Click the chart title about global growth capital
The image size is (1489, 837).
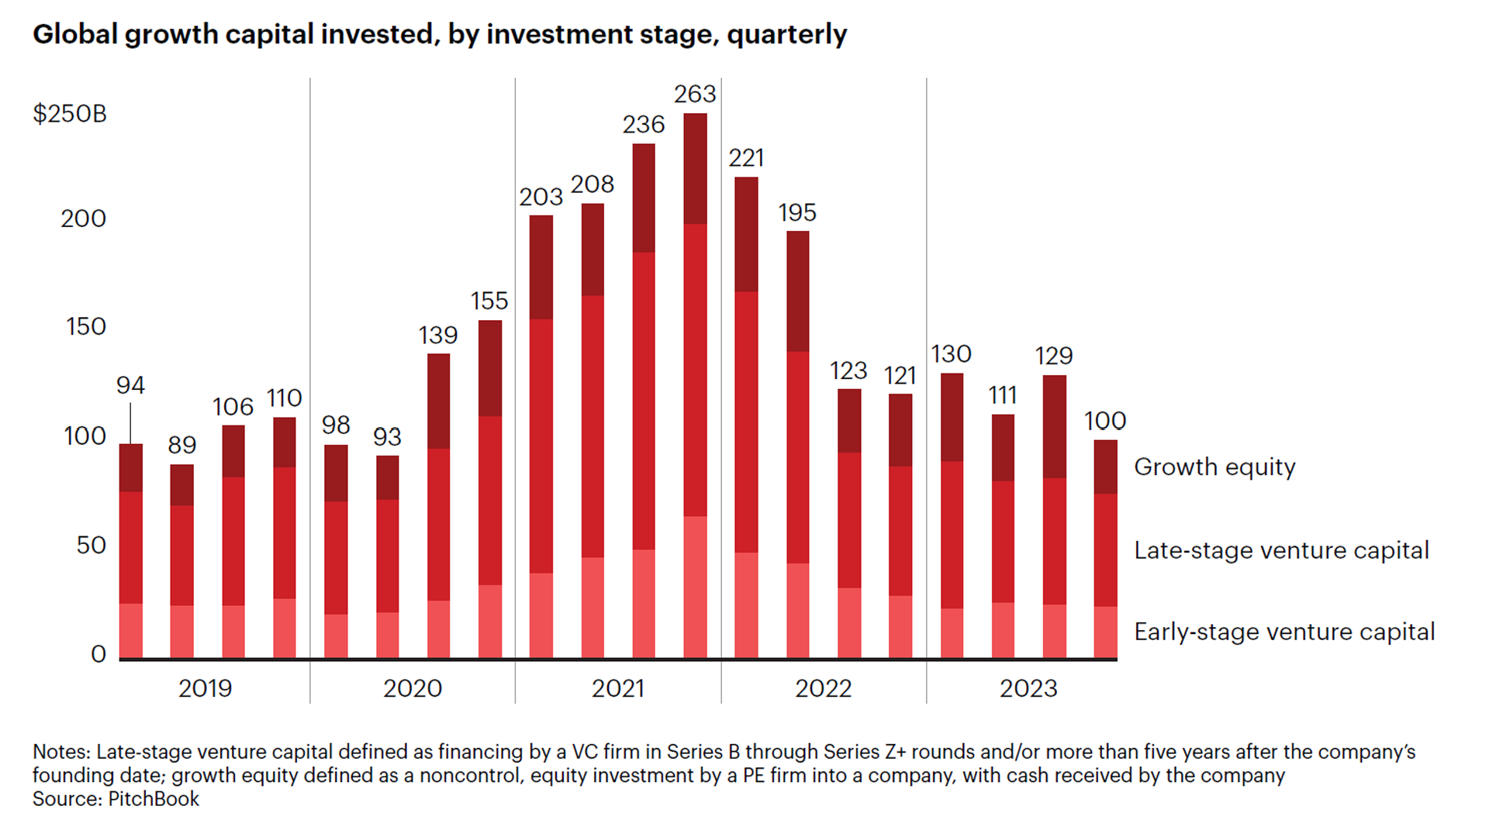[440, 34]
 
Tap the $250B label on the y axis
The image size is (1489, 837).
[70, 114]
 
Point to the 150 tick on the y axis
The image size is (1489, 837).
[85, 326]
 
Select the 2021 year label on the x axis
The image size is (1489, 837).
[617, 688]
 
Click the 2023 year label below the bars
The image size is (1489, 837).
[1028, 688]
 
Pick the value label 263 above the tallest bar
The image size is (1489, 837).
[694, 94]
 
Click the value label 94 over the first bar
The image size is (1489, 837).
[130, 385]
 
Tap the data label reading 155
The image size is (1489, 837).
[489, 301]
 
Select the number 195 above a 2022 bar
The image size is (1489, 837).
[797, 212]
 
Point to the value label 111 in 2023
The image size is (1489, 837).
[1002, 395]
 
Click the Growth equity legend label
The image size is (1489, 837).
[1214, 467]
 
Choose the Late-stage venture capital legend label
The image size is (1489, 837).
[1281, 550]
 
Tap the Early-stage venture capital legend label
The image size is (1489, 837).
[1284, 632]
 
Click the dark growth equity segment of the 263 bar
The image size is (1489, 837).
[695, 169]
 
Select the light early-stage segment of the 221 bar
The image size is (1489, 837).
[746, 604]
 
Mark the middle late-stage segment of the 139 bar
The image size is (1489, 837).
[438, 524]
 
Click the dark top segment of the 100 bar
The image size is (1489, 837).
[1105, 467]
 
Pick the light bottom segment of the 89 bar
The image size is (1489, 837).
[181, 631]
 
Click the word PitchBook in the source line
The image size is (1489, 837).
[154, 799]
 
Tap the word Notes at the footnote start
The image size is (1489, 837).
[60, 752]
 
